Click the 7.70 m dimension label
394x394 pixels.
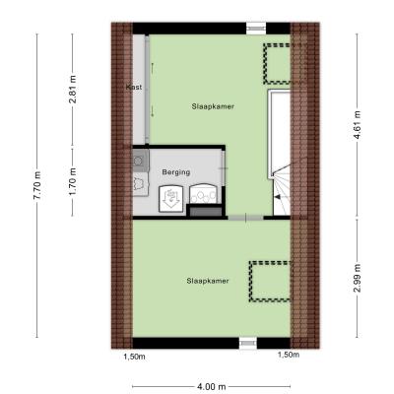38,186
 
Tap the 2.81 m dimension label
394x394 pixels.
73,90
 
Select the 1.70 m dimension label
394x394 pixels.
73,181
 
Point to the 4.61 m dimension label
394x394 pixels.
358,124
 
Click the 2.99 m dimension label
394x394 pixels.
358,278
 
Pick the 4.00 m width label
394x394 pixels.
212,387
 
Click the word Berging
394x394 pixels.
176,172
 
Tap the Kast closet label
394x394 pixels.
134,87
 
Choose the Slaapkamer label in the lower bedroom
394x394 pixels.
208,281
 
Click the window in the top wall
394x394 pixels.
256,29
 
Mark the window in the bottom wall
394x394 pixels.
248,343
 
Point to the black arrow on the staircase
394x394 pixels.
278,197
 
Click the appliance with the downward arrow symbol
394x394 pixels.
170,198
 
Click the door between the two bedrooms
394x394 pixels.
246,218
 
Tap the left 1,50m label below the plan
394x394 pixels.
134,357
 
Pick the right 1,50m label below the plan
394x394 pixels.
289,355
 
